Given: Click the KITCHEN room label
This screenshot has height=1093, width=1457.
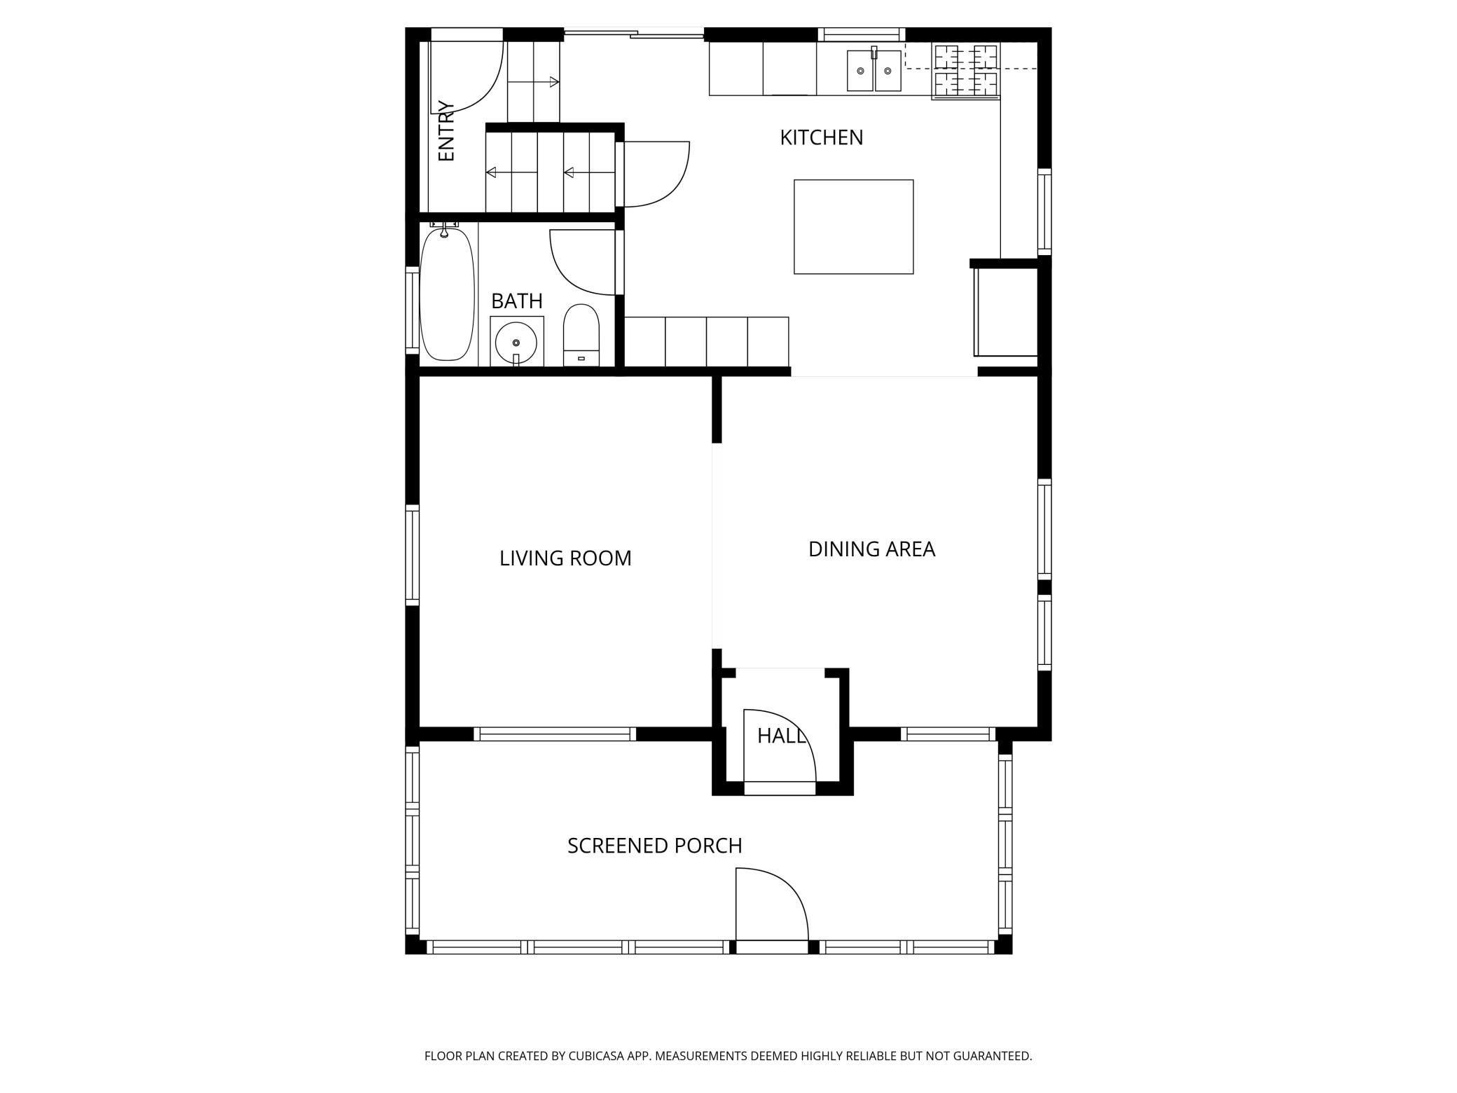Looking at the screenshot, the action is coord(821,137).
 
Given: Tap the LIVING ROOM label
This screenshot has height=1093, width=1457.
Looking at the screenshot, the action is coord(565,558).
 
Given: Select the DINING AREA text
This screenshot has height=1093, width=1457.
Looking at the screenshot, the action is coord(871,549).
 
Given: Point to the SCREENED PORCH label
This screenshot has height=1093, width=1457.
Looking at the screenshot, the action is coord(654,846).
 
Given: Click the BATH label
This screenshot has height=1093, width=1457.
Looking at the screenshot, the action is coord(517,301).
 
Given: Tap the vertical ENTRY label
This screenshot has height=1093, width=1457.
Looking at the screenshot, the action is coord(446,131).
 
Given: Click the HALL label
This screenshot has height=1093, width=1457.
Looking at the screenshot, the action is coord(782,736).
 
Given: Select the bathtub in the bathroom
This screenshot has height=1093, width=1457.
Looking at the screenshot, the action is coord(447,294).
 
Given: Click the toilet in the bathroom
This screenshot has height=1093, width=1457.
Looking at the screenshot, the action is coord(581,335).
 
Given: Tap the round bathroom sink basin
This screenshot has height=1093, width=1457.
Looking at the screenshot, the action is coord(516,343).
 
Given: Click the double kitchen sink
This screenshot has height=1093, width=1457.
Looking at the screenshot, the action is coord(874,70).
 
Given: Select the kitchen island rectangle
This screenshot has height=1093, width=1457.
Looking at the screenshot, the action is coord(853,226).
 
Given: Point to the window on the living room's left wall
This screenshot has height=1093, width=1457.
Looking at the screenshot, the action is coord(412,554).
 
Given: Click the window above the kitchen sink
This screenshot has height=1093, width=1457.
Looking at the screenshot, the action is coord(862,34).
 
